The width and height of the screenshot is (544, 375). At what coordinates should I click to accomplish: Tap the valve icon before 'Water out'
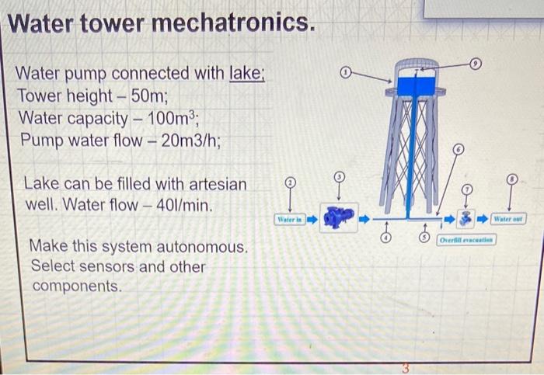[466, 220]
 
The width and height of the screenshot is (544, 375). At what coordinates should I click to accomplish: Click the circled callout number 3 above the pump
[339, 178]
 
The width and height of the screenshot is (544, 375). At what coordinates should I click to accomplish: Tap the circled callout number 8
[511, 178]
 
